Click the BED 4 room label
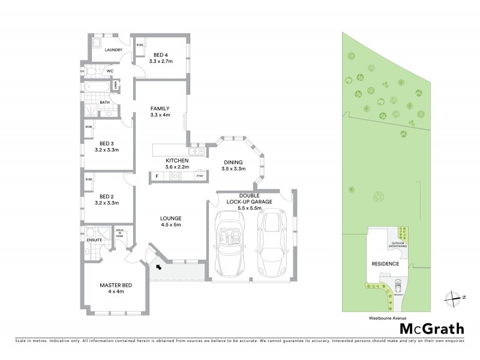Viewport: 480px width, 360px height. pos(160,55)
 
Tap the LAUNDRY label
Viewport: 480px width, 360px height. pos(113,50)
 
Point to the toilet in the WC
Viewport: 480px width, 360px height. pos(91,71)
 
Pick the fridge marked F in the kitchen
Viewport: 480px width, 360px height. pos(157,176)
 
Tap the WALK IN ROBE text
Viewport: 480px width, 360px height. pos(119,233)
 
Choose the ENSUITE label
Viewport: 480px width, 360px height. pos(95,240)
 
